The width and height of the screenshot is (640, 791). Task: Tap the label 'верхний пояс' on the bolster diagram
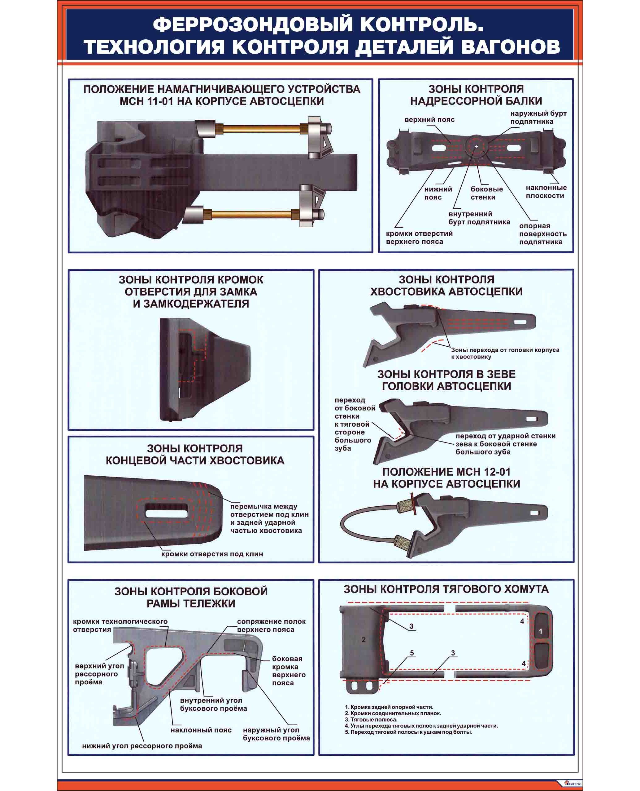click(x=429, y=120)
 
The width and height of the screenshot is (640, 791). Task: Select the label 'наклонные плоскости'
click(x=546, y=192)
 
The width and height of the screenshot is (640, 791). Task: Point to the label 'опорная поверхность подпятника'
click(x=543, y=234)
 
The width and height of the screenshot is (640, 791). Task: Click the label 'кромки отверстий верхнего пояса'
click(x=419, y=237)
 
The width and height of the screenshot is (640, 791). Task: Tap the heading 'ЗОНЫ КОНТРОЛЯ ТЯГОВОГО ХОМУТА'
click(x=446, y=589)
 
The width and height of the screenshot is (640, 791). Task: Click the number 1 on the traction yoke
click(x=541, y=631)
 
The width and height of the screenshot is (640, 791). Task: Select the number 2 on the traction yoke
click(x=364, y=639)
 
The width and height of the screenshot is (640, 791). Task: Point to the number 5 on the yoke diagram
click(x=412, y=653)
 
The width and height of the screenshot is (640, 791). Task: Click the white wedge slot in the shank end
click(x=166, y=513)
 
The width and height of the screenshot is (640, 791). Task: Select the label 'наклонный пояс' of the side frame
click(x=201, y=730)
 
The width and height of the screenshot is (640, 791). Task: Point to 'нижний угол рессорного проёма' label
click(x=142, y=746)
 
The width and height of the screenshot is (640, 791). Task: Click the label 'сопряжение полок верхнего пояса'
click(x=271, y=625)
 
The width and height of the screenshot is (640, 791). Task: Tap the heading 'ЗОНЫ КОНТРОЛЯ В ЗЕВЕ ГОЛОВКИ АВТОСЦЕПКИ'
click(x=446, y=380)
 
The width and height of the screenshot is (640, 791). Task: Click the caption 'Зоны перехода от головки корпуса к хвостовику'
click(x=505, y=353)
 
